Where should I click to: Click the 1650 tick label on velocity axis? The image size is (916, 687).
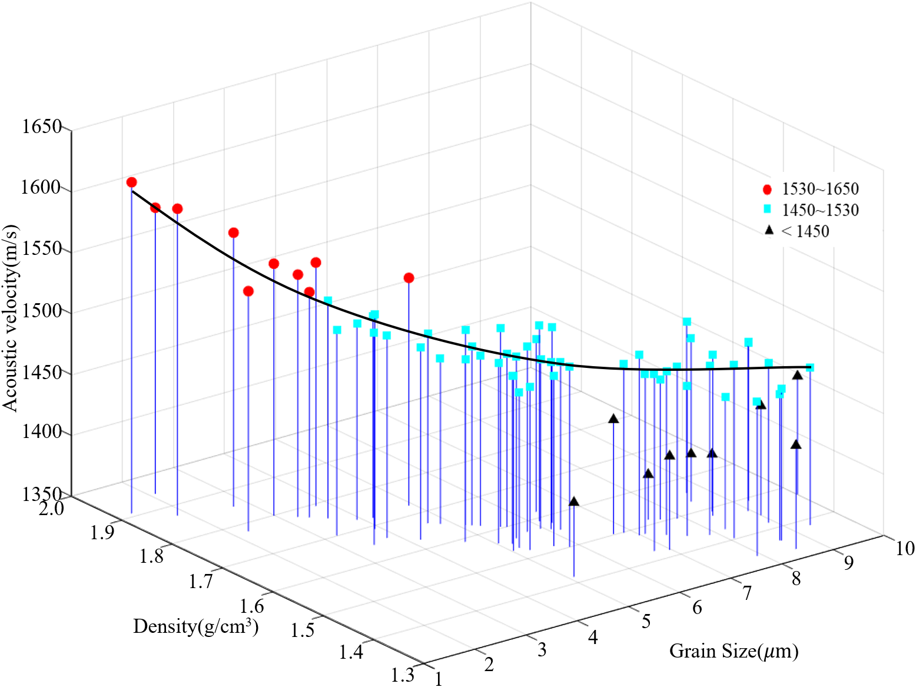coord(41,126)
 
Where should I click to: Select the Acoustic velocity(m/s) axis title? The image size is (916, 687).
coord(10,318)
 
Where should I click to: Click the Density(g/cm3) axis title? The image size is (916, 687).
coord(195,626)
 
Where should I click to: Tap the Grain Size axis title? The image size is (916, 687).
coord(734,651)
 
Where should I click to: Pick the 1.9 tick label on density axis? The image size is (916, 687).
coord(104,532)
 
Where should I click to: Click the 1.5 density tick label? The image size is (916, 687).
coord(302,630)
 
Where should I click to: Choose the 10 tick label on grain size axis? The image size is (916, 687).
coord(905,548)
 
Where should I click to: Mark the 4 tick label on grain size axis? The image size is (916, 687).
coord(593,637)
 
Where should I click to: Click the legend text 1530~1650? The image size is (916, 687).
coord(820,189)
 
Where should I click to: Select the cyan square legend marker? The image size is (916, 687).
coord(767,209)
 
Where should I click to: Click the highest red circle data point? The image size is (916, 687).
coord(131,182)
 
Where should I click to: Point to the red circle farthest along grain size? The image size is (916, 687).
coord(409,277)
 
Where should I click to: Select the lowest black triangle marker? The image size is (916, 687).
coord(574,502)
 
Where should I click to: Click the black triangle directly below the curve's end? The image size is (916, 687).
coord(797,375)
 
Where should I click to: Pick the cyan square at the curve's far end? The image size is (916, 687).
coord(810,367)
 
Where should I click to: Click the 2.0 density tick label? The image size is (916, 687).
coord(52,508)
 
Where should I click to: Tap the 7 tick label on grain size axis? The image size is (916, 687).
coord(746,593)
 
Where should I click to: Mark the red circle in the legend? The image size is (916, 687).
coord(767,189)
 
